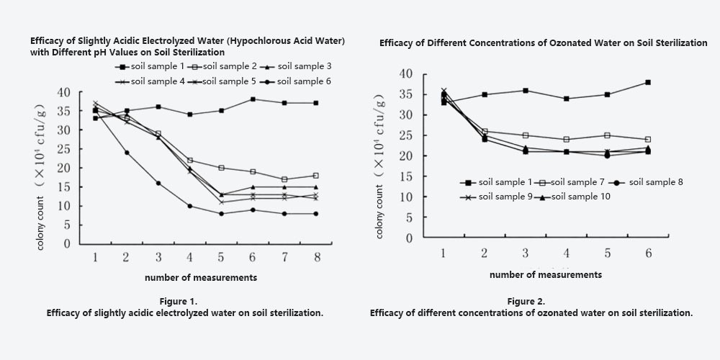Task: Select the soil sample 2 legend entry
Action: (223, 66)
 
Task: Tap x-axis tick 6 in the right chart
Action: (648, 253)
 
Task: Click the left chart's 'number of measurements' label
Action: (201, 277)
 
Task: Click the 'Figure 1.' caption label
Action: (184, 301)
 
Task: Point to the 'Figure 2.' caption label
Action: (530, 301)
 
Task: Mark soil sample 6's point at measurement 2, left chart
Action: (127, 153)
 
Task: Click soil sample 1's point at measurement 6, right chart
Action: (648, 82)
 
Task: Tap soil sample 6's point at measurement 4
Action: (190, 206)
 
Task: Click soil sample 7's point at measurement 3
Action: (526, 135)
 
